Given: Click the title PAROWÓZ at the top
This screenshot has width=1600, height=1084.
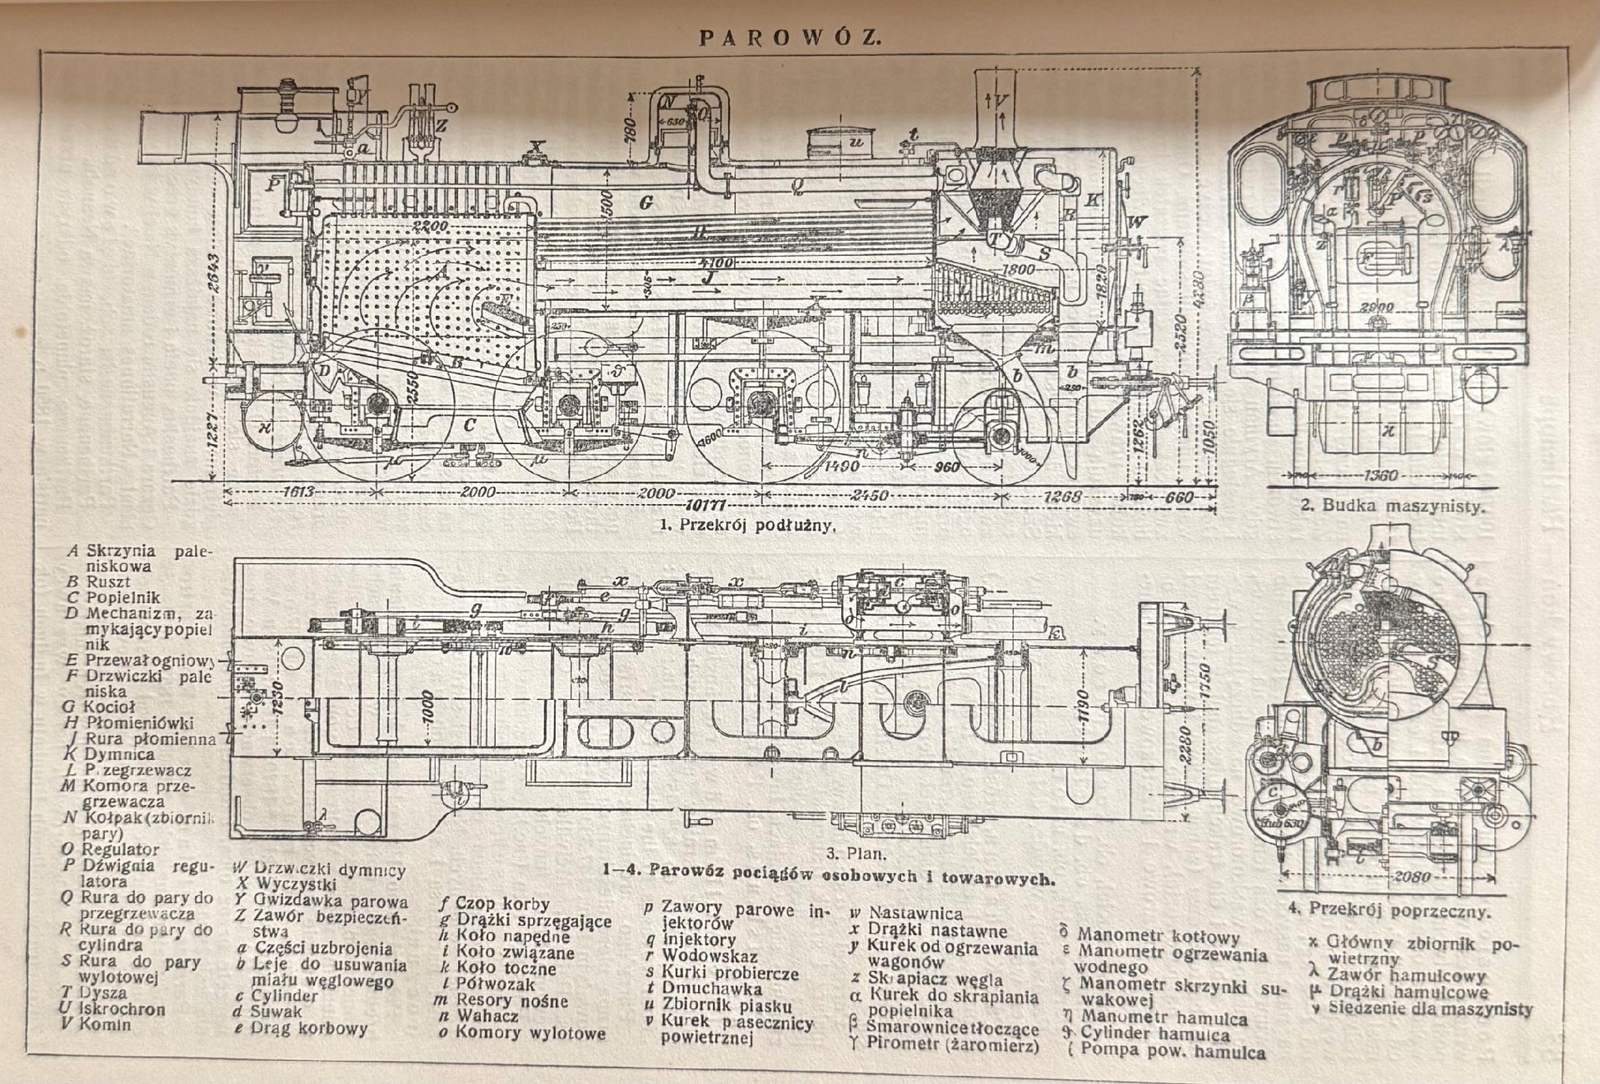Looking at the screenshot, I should coord(789,37).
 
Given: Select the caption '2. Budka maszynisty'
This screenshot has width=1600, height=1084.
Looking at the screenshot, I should coord(1393,506).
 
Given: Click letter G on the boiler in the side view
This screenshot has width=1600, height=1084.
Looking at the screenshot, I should coord(645,202).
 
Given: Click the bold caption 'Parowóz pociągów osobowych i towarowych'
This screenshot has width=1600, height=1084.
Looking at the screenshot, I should coord(826,877).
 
